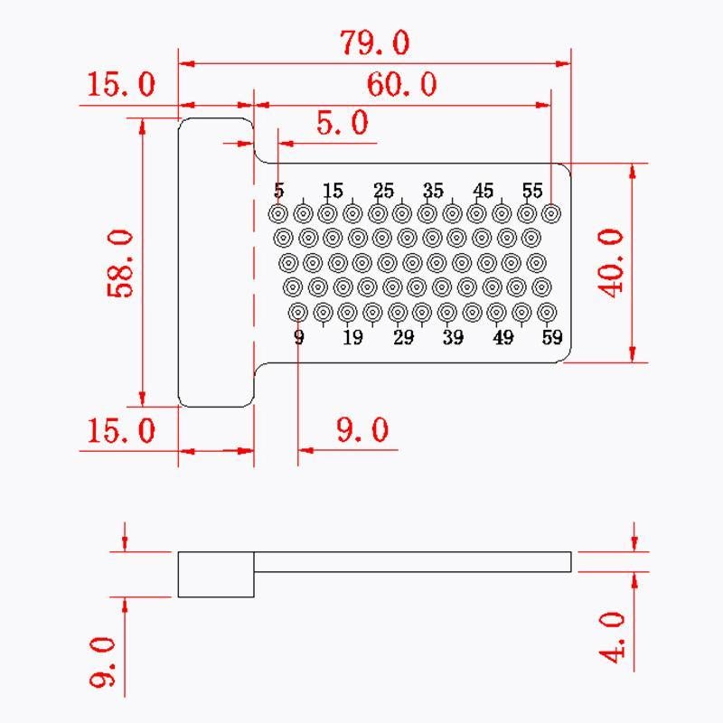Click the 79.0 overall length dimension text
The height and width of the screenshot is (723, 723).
tap(374, 42)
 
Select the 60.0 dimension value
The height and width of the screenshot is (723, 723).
tap(401, 84)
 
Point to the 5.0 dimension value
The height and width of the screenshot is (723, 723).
tap(343, 123)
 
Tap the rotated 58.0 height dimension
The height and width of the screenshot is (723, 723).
tap(120, 264)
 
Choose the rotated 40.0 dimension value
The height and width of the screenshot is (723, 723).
tap(611, 263)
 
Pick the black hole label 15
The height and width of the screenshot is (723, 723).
tap(333, 191)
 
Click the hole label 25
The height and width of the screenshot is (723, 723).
tap(383, 191)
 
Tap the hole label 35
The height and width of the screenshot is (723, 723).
tap(433, 191)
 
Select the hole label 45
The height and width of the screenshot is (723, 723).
tap(483, 191)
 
